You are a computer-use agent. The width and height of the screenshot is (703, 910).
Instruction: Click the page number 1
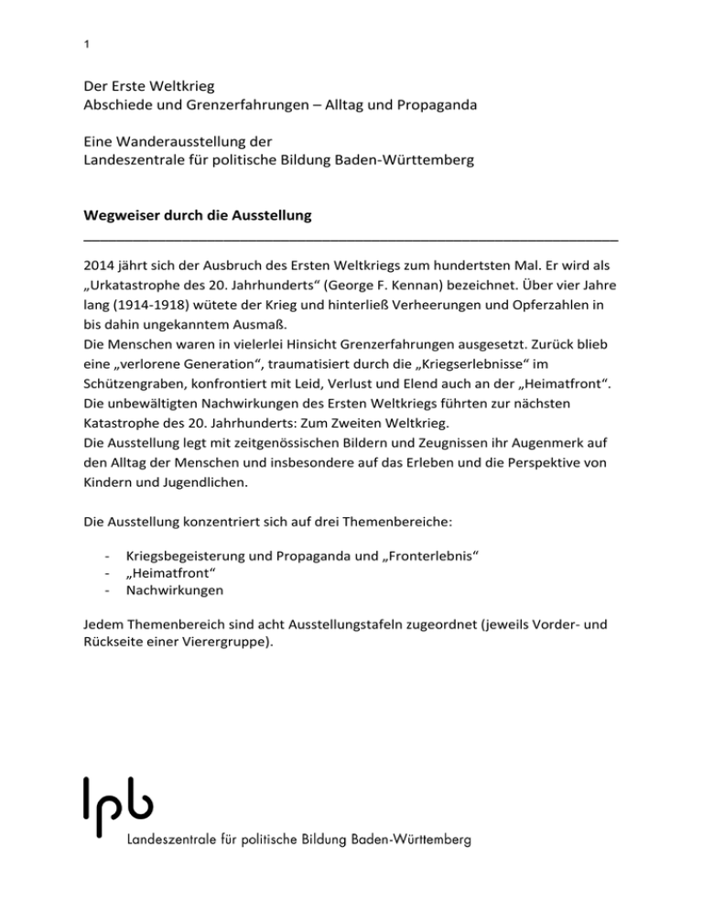pos(85,43)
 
